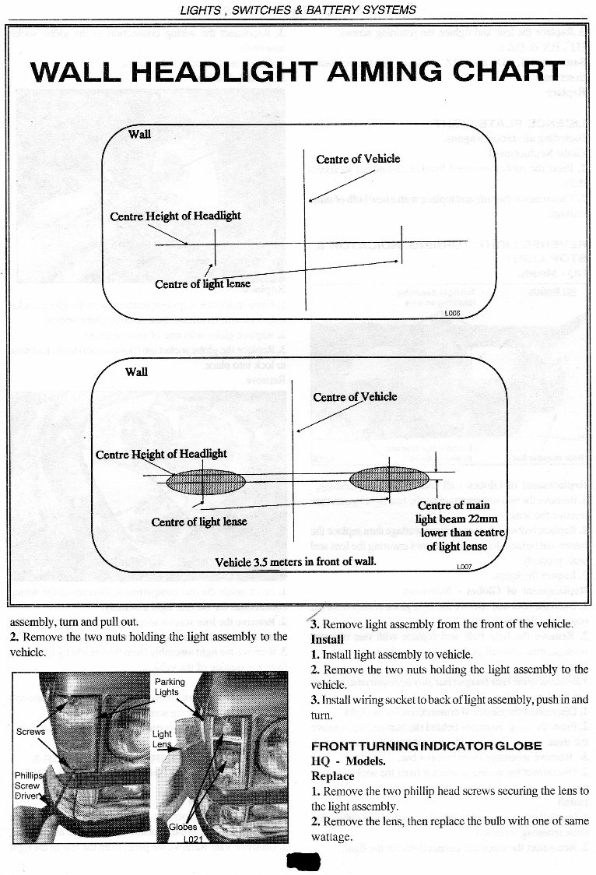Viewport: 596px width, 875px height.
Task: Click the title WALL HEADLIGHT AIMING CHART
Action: tap(298, 72)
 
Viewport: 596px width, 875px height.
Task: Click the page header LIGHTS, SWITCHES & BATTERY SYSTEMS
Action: tap(298, 10)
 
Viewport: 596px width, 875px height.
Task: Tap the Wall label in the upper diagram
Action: tap(139, 134)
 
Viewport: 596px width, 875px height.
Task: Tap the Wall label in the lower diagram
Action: tap(136, 371)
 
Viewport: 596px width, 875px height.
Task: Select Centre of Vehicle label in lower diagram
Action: tap(355, 397)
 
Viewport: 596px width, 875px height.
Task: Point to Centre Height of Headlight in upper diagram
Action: tap(175, 216)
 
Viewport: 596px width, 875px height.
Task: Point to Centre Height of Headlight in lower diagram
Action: tap(161, 454)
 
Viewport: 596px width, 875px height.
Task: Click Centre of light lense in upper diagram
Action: tap(202, 283)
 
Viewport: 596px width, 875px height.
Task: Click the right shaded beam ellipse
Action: tap(389, 479)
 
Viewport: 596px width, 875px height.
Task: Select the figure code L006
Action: tap(452, 312)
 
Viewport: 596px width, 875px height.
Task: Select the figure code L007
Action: tap(464, 568)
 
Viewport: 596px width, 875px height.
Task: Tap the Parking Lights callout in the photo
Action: tap(170, 687)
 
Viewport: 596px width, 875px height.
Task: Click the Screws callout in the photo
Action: tap(31, 732)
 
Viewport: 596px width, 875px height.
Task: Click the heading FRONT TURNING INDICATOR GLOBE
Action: tap(426, 746)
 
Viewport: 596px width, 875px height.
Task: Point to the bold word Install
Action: tap(328, 639)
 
